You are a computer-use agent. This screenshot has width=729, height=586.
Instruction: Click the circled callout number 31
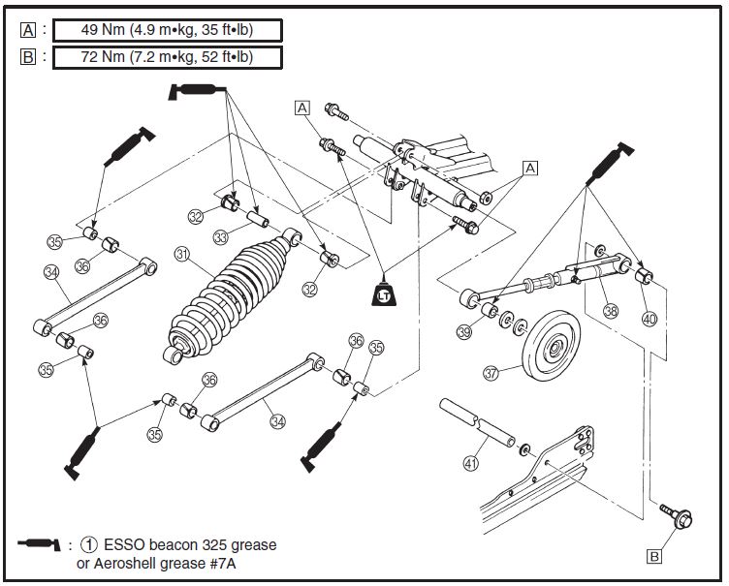[x=182, y=254]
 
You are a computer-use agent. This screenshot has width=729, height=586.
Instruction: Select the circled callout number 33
[x=220, y=237]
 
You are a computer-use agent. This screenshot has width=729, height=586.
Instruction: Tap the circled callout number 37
[x=491, y=373]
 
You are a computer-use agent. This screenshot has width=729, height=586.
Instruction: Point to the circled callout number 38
[x=611, y=310]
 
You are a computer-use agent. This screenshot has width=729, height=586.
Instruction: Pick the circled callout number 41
[x=471, y=463]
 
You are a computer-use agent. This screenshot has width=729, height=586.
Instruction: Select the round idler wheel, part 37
[x=552, y=347]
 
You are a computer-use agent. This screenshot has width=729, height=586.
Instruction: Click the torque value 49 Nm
[x=103, y=30]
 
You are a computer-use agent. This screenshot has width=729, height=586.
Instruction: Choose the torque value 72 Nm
[x=103, y=57]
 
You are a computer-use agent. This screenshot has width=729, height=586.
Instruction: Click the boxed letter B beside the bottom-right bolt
[x=654, y=556]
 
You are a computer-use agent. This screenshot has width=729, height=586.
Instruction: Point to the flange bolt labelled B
[x=677, y=515]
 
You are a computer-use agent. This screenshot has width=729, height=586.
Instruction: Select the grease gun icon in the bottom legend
[x=39, y=544]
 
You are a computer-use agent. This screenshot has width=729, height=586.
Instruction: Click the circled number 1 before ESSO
[x=89, y=544]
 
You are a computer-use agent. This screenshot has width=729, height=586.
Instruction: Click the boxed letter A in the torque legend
[x=28, y=30]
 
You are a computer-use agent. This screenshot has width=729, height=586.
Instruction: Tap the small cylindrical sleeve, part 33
[x=257, y=218]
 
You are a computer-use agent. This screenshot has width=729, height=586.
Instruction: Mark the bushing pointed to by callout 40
[x=644, y=276]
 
